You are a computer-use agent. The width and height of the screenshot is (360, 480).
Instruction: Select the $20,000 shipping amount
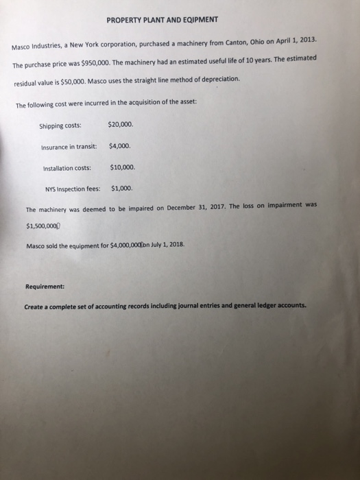[121, 124]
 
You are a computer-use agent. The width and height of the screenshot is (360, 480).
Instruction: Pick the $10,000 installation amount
[123, 167]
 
